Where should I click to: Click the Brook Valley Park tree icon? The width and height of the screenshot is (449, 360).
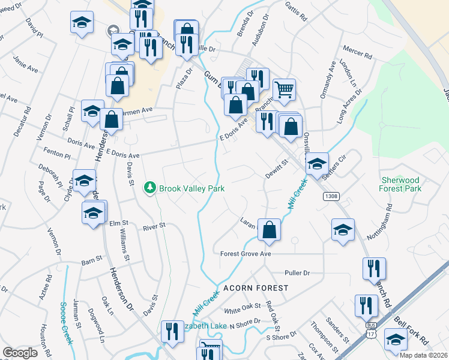pyautogui.click(x=150, y=188)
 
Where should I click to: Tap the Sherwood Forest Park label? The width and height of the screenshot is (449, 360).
pyautogui.click(x=400, y=184)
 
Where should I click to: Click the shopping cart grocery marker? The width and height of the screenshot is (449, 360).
pyautogui.click(x=285, y=90)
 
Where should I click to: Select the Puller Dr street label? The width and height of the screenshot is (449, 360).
pyautogui.click(x=297, y=273)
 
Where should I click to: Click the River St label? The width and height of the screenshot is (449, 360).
pyautogui.click(x=154, y=227)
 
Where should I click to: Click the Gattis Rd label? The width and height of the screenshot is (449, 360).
pyautogui.click(x=297, y=11)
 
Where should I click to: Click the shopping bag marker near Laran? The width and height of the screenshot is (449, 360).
pyautogui.click(x=270, y=230)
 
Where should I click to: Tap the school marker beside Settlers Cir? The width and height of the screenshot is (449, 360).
pyautogui.click(x=317, y=164)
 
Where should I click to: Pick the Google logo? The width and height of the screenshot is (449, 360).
pyautogui.click(x=20, y=353)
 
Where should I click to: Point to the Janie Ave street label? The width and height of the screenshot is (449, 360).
pyautogui.click(x=25, y=65)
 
